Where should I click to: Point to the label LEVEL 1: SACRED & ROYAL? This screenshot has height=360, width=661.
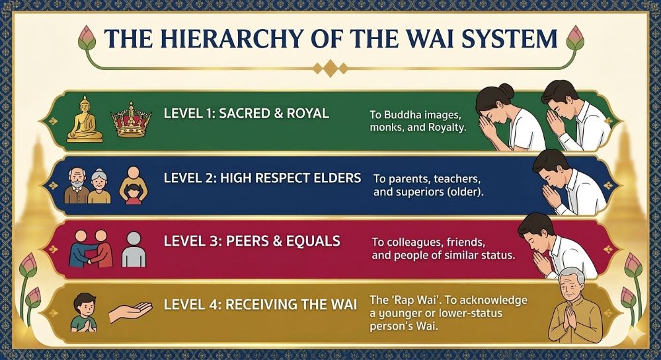click(247, 114)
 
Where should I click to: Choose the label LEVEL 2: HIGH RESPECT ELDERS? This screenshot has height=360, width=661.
click(262, 178)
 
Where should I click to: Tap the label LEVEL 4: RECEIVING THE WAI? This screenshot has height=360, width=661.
click(260, 305)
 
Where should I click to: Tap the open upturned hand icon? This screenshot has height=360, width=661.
click(130, 312)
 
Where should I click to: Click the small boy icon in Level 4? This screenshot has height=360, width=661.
click(84, 312)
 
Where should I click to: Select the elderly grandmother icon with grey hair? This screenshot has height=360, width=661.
click(99, 185)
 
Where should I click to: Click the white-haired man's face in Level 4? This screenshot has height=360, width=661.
click(570, 285)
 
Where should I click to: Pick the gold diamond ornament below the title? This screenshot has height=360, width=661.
click(330, 67)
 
